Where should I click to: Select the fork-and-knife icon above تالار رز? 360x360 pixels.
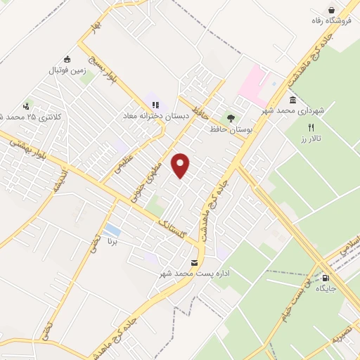tap(310, 127)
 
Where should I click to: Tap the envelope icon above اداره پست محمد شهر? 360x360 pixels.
tap(195, 262)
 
